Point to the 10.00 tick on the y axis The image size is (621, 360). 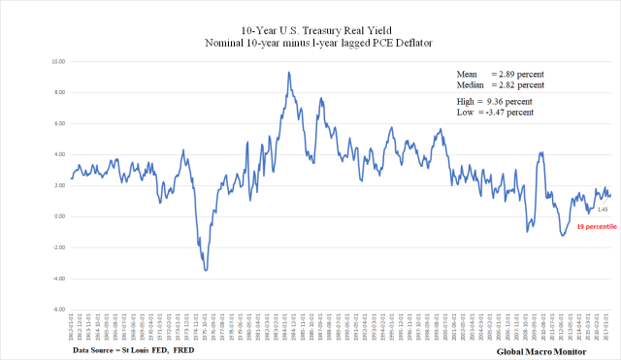point(58,61)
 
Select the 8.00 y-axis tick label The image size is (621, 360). point(58,92)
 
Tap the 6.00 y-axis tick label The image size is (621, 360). point(58,123)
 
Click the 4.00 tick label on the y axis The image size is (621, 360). point(58,154)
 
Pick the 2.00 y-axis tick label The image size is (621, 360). point(58,185)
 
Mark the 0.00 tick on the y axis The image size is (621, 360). point(58,216)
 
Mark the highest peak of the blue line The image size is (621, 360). point(288,72)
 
